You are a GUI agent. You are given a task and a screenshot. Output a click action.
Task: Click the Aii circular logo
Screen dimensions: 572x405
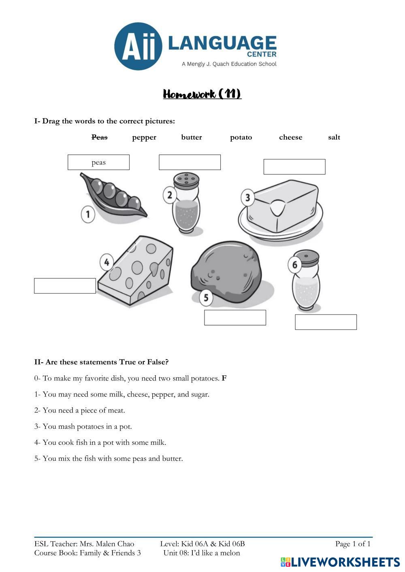pyautogui.click(x=138, y=46)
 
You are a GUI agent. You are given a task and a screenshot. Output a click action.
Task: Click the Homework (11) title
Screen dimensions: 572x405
pyautogui.click(x=202, y=94)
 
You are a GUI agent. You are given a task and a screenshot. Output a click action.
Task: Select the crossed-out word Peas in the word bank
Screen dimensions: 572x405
pyautogui.click(x=99, y=137)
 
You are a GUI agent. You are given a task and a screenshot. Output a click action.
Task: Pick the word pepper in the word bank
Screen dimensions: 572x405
pyautogui.click(x=144, y=137)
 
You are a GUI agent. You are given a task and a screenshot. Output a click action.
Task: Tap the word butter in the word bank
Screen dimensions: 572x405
pyautogui.click(x=192, y=137)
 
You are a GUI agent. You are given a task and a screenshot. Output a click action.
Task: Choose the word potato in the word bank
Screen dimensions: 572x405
pyautogui.click(x=241, y=137)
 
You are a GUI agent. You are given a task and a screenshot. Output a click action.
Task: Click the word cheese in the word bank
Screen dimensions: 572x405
pyautogui.click(x=290, y=137)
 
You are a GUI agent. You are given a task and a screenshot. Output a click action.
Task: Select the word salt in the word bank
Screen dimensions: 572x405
pyautogui.click(x=334, y=137)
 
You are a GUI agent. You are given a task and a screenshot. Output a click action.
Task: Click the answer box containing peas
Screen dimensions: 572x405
pyautogui.click(x=98, y=162)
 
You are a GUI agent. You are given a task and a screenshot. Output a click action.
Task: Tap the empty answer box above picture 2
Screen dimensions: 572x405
pyautogui.click(x=190, y=162)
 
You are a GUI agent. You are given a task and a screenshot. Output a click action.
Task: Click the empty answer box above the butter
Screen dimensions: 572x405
pyautogui.click(x=294, y=167)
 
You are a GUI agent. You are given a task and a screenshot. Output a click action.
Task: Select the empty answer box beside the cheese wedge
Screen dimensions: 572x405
pyautogui.click(x=65, y=286)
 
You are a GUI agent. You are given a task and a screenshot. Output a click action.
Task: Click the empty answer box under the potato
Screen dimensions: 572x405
pyautogui.click(x=235, y=318)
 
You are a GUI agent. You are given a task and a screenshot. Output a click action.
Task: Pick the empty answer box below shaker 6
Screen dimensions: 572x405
pyautogui.click(x=326, y=322)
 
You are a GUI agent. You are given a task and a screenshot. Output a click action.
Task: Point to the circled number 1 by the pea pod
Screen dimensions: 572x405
pyautogui.click(x=88, y=214)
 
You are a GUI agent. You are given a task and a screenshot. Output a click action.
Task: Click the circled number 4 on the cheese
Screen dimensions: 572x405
pyautogui.click(x=107, y=262)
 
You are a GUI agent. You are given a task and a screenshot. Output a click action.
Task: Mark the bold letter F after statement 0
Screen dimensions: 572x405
pyautogui.click(x=224, y=378)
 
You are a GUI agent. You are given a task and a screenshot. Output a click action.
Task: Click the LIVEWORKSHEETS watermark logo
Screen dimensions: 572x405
pyautogui.click(x=340, y=562)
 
